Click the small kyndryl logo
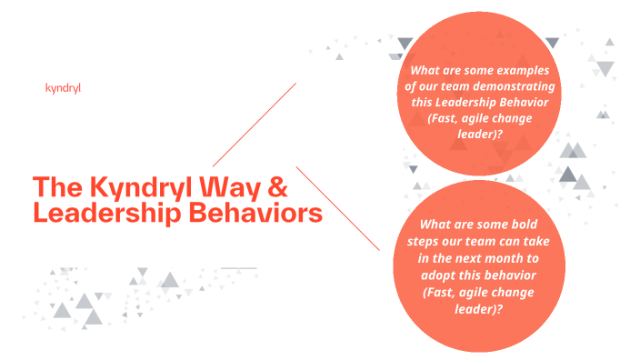(63, 88)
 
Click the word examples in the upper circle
(529, 70)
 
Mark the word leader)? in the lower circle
(478, 307)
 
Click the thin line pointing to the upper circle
(255, 125)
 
